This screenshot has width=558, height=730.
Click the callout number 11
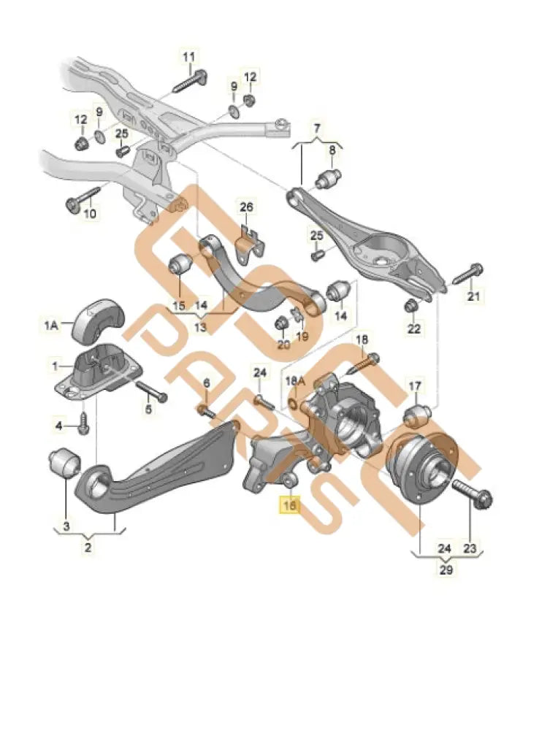pos(189,56)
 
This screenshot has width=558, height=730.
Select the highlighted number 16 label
pos(290,504)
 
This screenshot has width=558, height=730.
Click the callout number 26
pos(246,207)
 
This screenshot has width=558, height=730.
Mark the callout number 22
pos(414,328)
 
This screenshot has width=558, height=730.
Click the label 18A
pos(294,380)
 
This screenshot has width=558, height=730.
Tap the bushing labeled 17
pos(414,415)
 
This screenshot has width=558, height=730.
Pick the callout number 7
pos(317,130)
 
